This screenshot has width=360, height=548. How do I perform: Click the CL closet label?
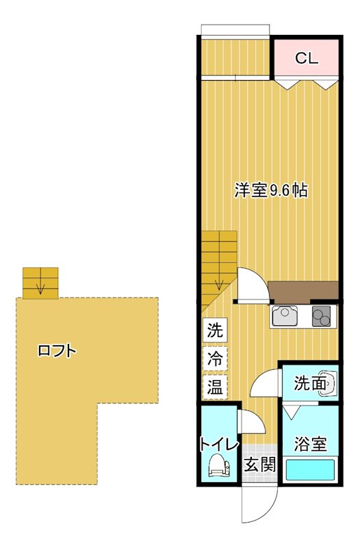[307, 58]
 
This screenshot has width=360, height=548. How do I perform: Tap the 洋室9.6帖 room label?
[270, 191]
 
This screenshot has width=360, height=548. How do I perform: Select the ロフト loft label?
[57, 351]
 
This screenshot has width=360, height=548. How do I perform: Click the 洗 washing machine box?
[215, 330]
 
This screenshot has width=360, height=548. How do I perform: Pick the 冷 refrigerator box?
[215, 358]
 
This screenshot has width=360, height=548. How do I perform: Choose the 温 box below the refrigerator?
[215, 386]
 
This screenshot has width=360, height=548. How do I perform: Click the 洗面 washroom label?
[309, 384]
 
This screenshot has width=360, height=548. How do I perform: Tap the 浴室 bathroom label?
[310, 444]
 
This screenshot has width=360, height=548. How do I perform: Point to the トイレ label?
[218, 444]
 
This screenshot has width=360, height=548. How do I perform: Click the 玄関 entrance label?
[260, 465]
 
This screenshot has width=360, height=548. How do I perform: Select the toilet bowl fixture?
[219, 466]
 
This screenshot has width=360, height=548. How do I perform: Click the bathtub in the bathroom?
[310, 471]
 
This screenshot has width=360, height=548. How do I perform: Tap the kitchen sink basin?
[284, 316]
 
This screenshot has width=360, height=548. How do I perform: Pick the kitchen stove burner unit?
[322, 316]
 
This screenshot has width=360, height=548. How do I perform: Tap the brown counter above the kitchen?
[303, 290]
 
